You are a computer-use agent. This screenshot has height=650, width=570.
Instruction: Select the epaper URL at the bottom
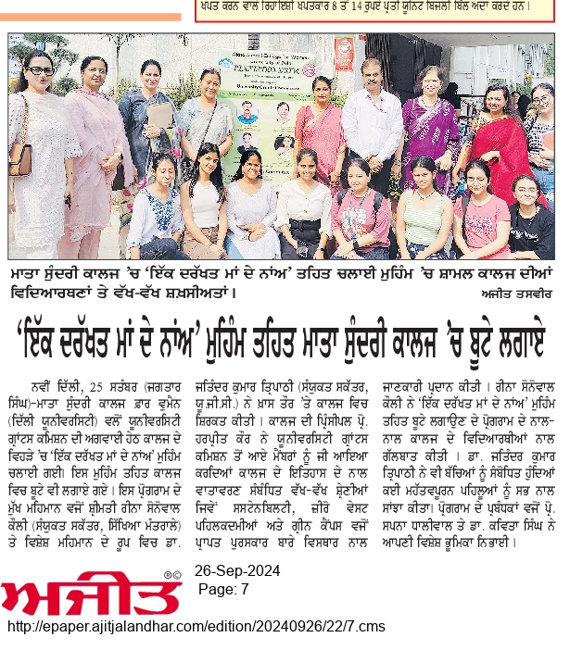[x=196, y=628]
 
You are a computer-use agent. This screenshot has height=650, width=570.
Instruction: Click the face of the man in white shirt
[x=372, y=72]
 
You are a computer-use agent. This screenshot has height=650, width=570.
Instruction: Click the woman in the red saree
[x=496, y=139]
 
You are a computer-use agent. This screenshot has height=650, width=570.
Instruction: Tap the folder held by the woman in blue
[x=160, y=116]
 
